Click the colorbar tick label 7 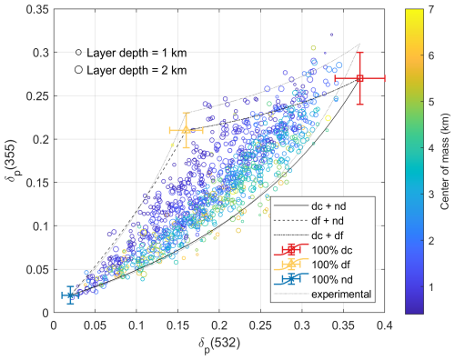pos(418,10)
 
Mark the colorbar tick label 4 pos(418,149)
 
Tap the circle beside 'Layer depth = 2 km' pos(79,69)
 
